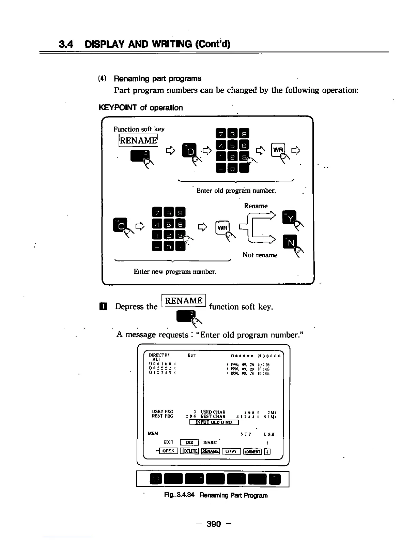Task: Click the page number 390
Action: [x=214, y=524]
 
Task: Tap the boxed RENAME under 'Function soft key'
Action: [x=138, y=140]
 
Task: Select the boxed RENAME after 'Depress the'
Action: [x=184, y=301]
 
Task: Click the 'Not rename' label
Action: [x=260, y=255]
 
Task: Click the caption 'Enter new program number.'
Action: [x=175, y=272]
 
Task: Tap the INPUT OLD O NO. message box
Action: [x=214, y=422]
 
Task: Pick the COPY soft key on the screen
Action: [x=231, y=451]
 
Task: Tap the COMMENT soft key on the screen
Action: [x=252, y=451]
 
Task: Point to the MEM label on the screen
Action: [x=153, y=433]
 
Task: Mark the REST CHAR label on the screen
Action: [x=213, y=416]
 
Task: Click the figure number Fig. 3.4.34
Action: [x=179, y=495]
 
